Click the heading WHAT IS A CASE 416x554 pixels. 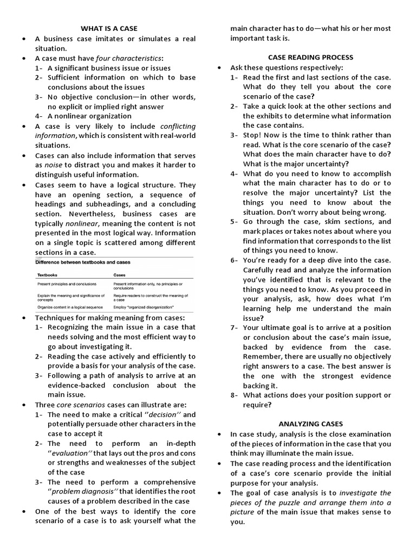(109, 28)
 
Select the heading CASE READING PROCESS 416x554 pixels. (310, 57)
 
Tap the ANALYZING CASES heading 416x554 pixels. (311, 424)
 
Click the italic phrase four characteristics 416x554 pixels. (128, 58)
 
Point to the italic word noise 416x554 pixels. (54, 165)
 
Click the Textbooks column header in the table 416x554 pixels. (47, 275)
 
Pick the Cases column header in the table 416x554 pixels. (120, 275)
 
